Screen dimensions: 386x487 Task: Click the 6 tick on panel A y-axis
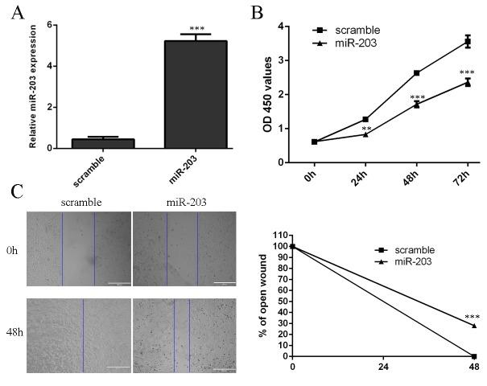click(x=51, y=25)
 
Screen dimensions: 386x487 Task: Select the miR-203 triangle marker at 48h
click(x=416, y=104)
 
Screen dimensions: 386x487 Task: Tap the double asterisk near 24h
click(x=366, y=129)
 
